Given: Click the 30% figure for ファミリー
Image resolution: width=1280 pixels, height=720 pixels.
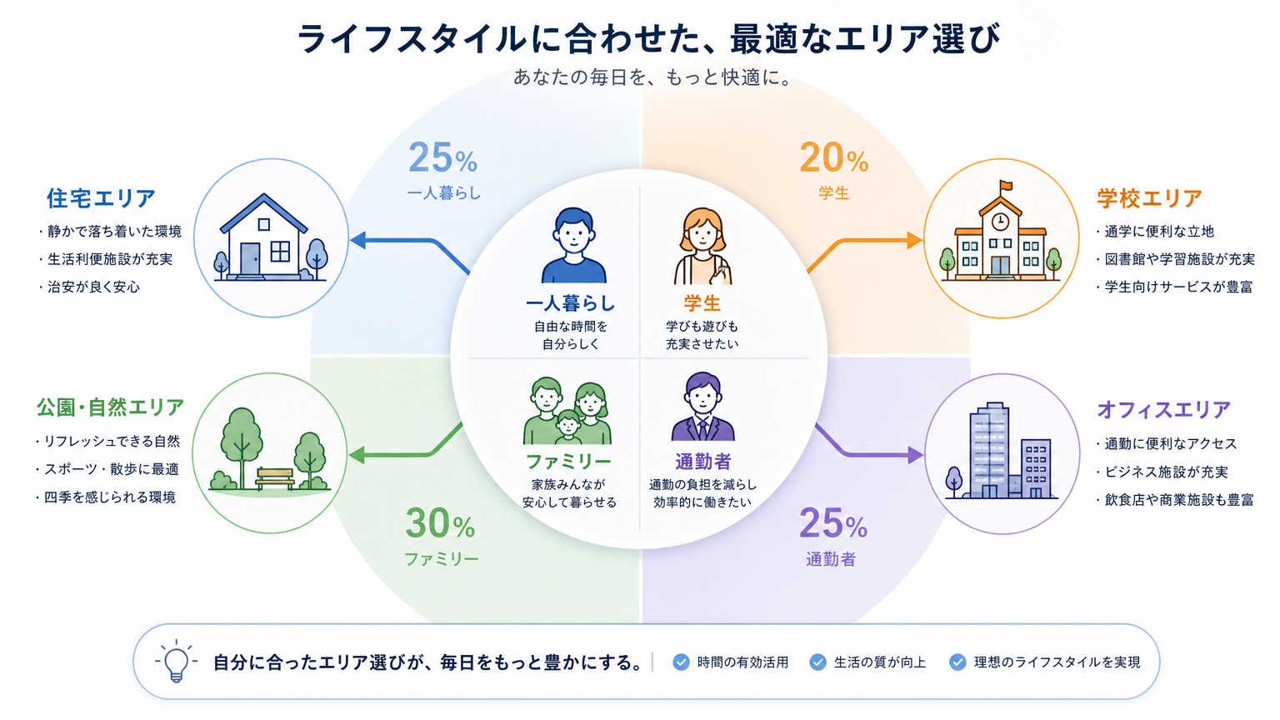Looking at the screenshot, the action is pyautogui.click(x=440, y=523).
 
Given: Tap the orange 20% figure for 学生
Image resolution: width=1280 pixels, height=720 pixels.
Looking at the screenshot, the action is pyautogui.click(x=833, y=157).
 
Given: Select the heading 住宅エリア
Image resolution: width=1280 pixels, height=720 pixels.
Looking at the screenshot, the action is pyautogui.click(x=101, y=198).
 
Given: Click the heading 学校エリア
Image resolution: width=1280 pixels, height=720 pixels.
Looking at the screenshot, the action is pyautogui.click(x=1149, y=198).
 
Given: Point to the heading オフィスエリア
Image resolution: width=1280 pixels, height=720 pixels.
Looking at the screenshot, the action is pyautogui.click(x=1163, y=409).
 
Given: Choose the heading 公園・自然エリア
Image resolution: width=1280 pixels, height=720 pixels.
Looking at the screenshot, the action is pyautogui.click(x=110, y=407).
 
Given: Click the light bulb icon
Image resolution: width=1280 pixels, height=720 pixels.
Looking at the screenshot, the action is pyautogui.click(x=176, y=661).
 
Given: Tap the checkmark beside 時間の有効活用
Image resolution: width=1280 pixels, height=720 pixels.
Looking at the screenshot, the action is pyautogui.click(x=681, y=662).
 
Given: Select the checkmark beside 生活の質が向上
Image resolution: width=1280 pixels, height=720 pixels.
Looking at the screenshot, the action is pyautogui.click(x=817, y=662).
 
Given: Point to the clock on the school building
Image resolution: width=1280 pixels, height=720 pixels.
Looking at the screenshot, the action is pyautogui.click(x=1000, y=221).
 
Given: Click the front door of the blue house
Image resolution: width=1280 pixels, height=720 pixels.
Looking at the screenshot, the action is pyautogui.click(x=250, y=259).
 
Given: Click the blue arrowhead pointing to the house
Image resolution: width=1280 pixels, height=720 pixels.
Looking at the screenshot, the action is pyautogui.click(x=357, y=240).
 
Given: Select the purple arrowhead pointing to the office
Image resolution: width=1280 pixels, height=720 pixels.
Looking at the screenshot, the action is pyautogui.click(x=916, y=455).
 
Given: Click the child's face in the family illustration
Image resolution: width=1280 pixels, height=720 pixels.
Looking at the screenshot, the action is pyautogui.click(x=568, y=424).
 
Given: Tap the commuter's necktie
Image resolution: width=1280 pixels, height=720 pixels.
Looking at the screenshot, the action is pyautogui.click(x=702, y=428).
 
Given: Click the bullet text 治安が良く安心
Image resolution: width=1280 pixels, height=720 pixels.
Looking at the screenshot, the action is pyautogui.click(x=93, y=287).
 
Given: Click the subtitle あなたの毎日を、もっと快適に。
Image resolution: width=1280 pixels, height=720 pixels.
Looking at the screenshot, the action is pyautogui.click(x=652, y=77).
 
